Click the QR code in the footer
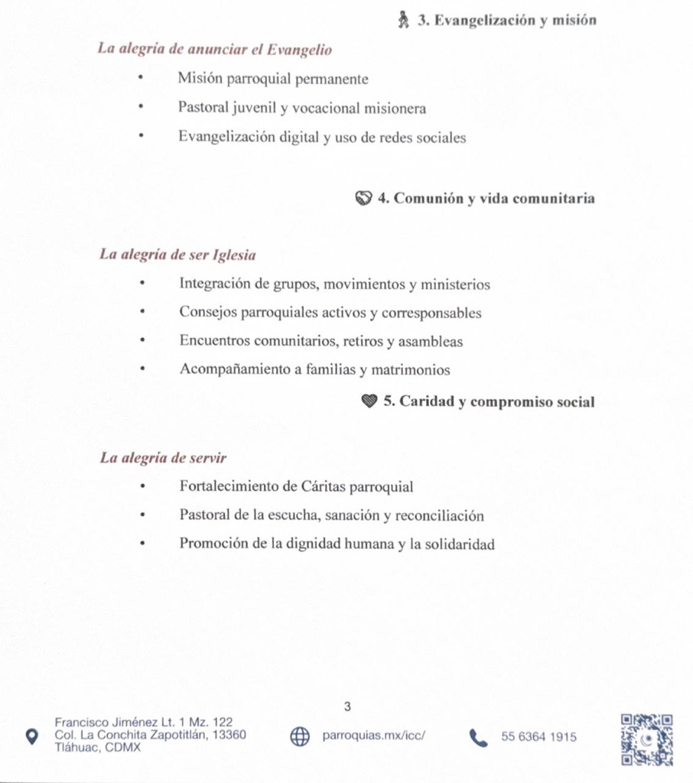[x=646, y=739]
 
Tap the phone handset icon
[x=478, y=737]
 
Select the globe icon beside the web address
[x=300, y=736]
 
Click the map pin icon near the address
[x=31, y=736]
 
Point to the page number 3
[x=347, y=707]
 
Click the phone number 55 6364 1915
[x=538, y=737]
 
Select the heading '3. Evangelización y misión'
[x=506, y=21]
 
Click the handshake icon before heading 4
[x=363, y=198]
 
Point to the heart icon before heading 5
[x=369, y=401]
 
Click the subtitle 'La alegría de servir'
[x=163, y=458]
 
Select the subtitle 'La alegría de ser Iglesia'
[x=177, y=254]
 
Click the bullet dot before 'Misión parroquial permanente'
[x=141, y=79]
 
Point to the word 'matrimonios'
[x=411, y=370]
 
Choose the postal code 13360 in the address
[x=229, y=735]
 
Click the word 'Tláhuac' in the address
[x=75, y=748]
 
